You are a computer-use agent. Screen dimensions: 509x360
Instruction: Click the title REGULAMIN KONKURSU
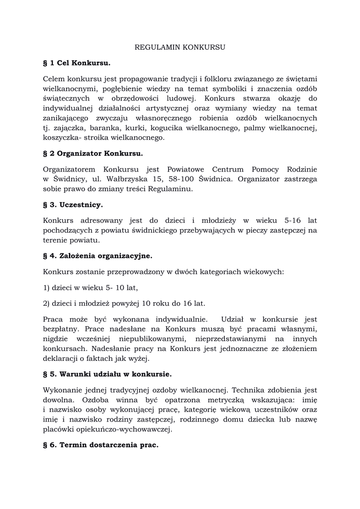click(180, 48)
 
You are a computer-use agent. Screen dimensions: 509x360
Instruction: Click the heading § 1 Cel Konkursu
click(77, 63)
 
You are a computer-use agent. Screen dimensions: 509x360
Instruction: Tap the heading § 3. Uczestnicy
click(73, 204)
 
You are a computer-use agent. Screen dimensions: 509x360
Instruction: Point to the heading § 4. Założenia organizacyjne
click(98, 256)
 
